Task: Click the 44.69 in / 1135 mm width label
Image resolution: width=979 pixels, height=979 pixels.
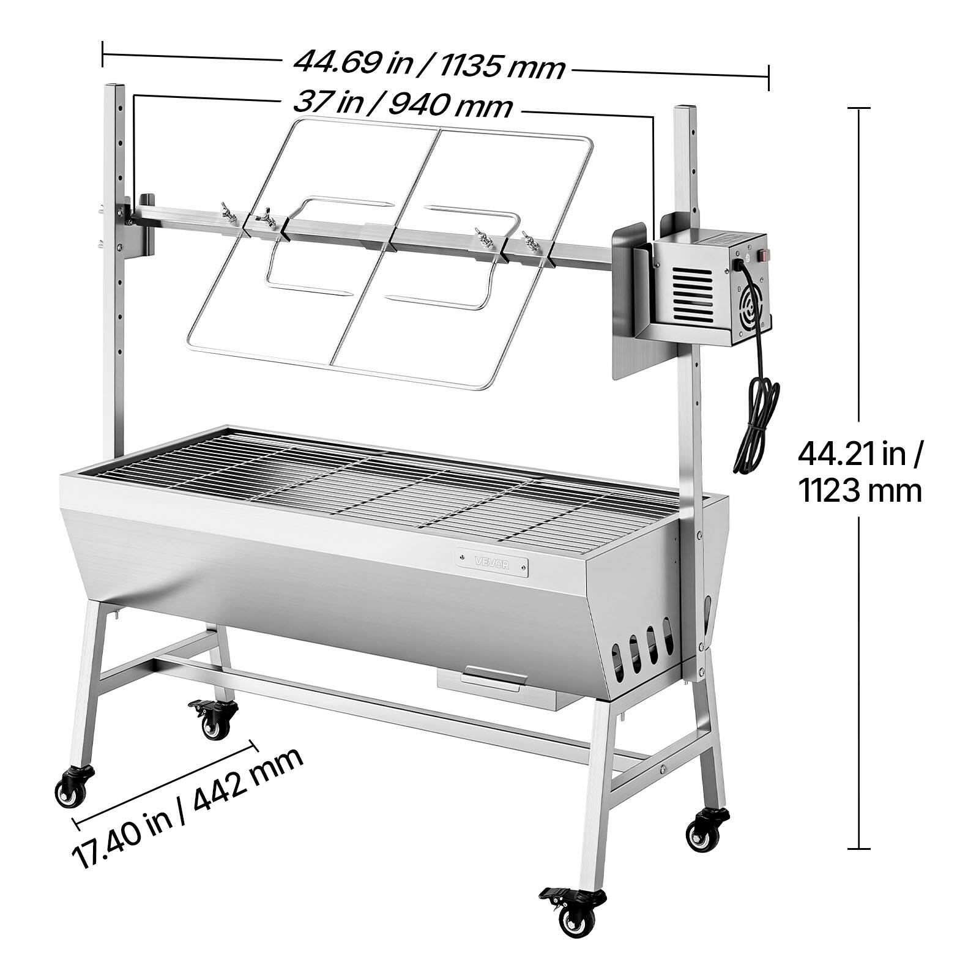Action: (x=428, y=64)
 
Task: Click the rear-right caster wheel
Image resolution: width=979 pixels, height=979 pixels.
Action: (x=707, y=829)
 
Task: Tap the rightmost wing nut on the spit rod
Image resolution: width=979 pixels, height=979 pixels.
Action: (x=527, y=240)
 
